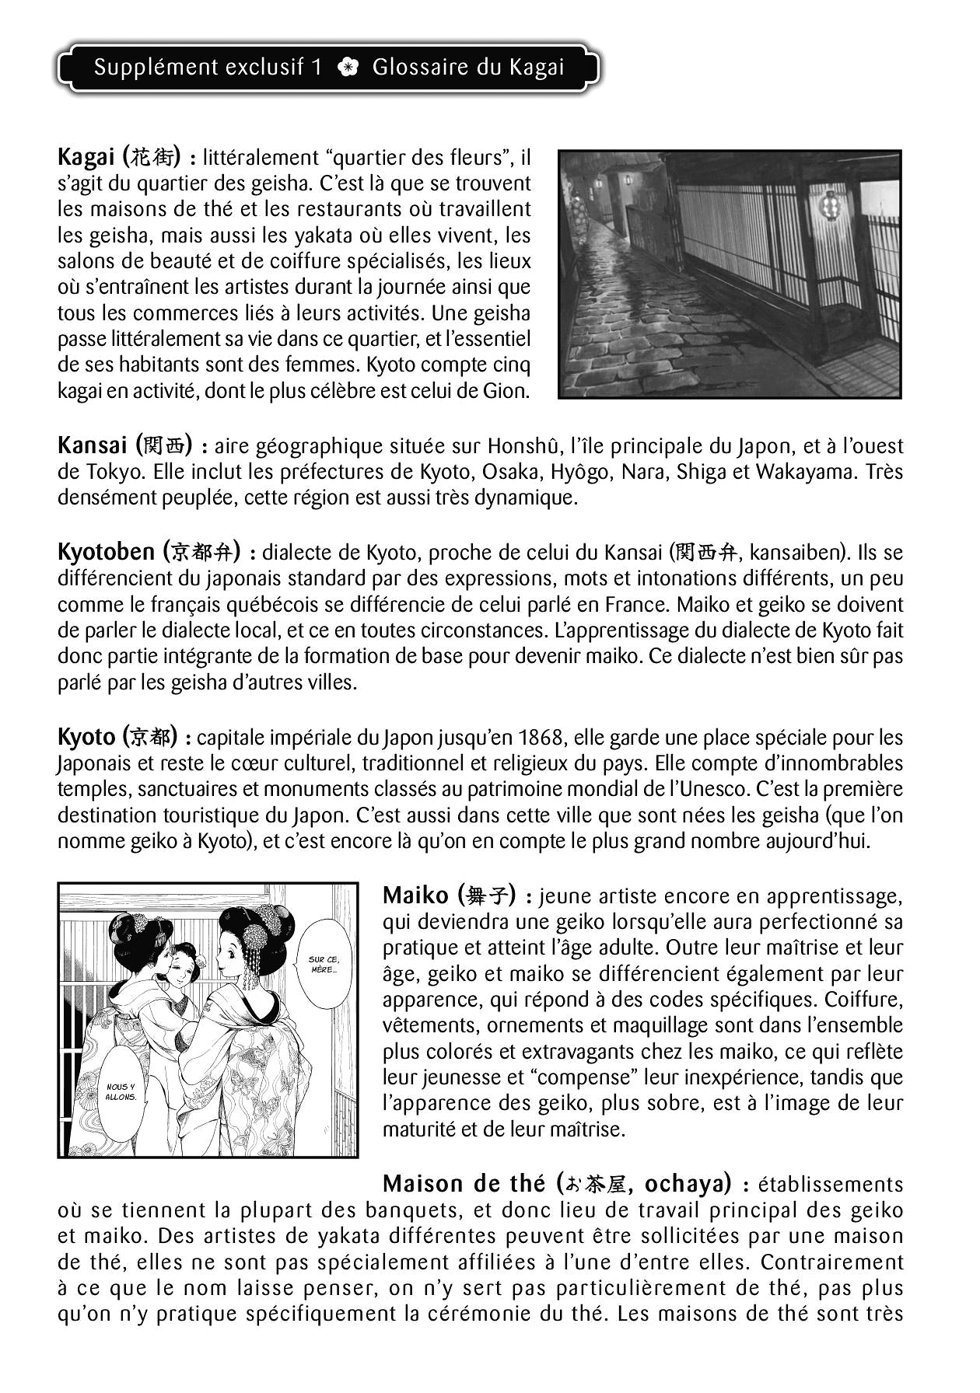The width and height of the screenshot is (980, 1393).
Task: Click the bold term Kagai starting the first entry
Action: [86, 158]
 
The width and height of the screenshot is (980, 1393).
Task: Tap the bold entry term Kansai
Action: [92, 445]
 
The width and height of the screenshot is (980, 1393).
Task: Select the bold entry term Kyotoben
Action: [106, 552]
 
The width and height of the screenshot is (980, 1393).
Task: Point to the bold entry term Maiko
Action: [415, 895]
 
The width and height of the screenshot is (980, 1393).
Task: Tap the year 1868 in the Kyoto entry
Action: [541, 737]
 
